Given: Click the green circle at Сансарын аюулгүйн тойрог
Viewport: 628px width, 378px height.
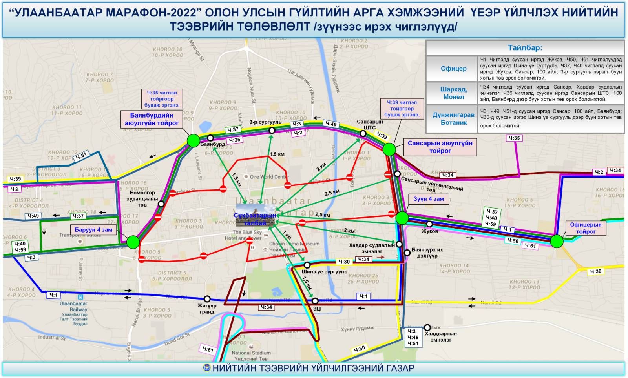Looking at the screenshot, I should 389,149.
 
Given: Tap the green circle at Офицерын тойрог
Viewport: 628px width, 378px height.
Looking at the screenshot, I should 556,241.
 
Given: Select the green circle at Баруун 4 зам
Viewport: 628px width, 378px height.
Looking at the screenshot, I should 133,242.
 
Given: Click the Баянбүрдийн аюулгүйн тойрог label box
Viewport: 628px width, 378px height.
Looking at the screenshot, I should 152,119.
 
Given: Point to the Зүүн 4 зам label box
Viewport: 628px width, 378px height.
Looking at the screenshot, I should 428,199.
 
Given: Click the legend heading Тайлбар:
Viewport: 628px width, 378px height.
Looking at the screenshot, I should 525,48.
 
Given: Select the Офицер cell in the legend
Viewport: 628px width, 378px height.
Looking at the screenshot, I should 453,69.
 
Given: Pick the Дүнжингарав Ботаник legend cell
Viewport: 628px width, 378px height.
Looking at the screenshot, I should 453,119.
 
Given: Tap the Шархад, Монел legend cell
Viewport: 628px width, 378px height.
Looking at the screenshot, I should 453,93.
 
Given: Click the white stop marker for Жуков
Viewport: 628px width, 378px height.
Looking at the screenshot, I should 429,224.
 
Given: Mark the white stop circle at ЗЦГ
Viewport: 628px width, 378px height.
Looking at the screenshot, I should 315,301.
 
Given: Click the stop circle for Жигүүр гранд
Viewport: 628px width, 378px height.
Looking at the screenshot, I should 207,299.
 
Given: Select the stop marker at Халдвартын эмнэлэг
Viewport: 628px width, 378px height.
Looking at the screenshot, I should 427,327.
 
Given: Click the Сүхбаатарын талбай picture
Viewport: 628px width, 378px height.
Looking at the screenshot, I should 255,215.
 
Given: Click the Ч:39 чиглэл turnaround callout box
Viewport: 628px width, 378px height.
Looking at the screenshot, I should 402,109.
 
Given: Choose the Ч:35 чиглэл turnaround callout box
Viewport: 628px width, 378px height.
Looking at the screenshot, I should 162,99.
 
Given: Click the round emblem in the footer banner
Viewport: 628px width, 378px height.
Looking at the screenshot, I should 207,368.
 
